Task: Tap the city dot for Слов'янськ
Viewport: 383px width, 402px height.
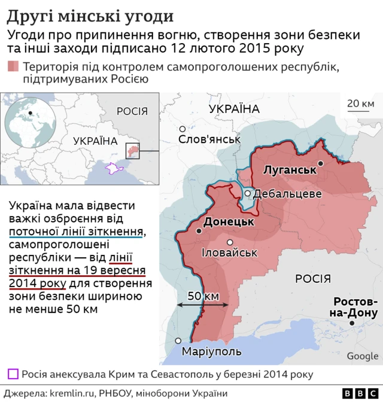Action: point(183,129)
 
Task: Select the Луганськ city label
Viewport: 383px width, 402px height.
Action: point(290,170)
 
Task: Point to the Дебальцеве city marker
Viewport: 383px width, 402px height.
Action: point(247,193)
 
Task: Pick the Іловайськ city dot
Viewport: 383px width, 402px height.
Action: point(230,242)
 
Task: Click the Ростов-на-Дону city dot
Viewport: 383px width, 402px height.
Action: point(352,323)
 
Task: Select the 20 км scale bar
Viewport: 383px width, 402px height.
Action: point(360,110)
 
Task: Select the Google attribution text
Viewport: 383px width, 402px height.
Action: point(362,356)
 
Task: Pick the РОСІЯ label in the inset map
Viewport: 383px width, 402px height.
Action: point(132,111)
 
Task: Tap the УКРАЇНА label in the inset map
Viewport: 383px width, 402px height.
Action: point(95,141)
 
